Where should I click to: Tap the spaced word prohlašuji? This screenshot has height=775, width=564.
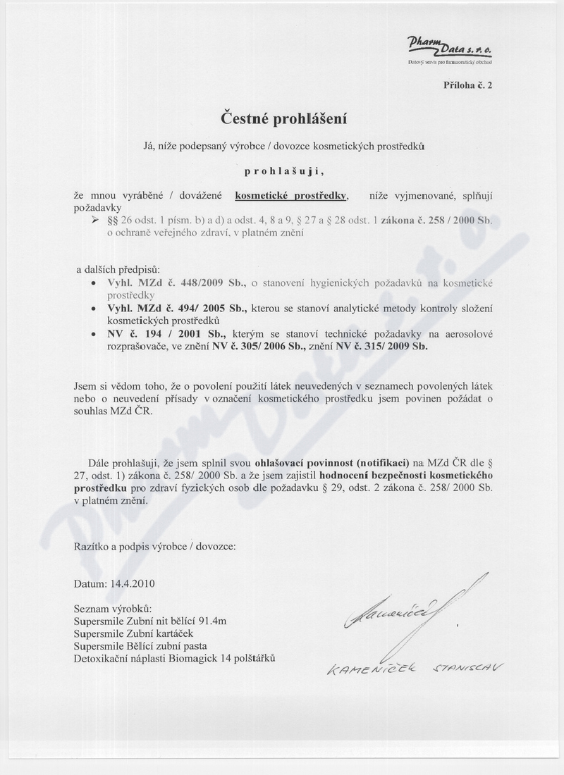pos(284,170)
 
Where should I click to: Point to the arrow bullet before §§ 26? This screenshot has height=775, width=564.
pos(97,221)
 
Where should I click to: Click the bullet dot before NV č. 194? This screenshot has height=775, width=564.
pos(94,334)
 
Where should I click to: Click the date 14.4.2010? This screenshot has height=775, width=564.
pos(132,584)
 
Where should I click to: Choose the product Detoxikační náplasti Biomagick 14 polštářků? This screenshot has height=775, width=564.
pos(174,658)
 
